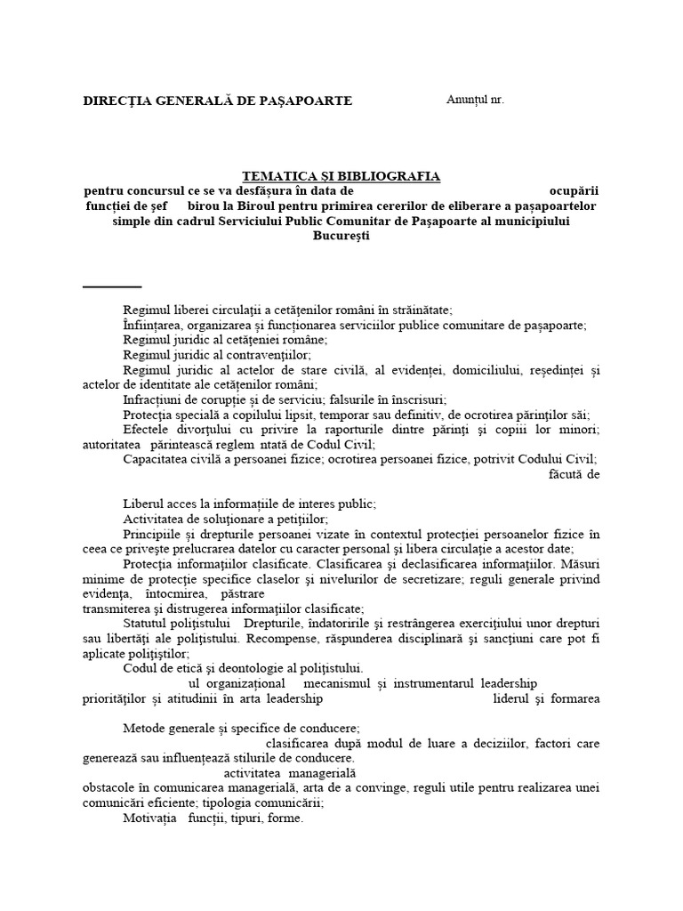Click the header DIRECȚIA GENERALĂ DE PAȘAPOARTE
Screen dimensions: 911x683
pyautogui.click(x=218, y=101)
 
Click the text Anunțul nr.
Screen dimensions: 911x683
pyautogui.click(x=474, y=100)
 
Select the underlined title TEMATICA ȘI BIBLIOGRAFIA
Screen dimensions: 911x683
pyautogui.click(x=341, y=177)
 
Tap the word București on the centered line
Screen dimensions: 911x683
pyautogui.click(x=341, y=236)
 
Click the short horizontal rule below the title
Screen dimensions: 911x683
pyautogui.click(x=112, y=286)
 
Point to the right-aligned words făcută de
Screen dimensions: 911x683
pyautogui.click(x=575, y=474)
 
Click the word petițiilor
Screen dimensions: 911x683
pyautogui.click(x=300, y=519)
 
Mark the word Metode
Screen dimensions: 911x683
pyautogui.click(x=143, y=728)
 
